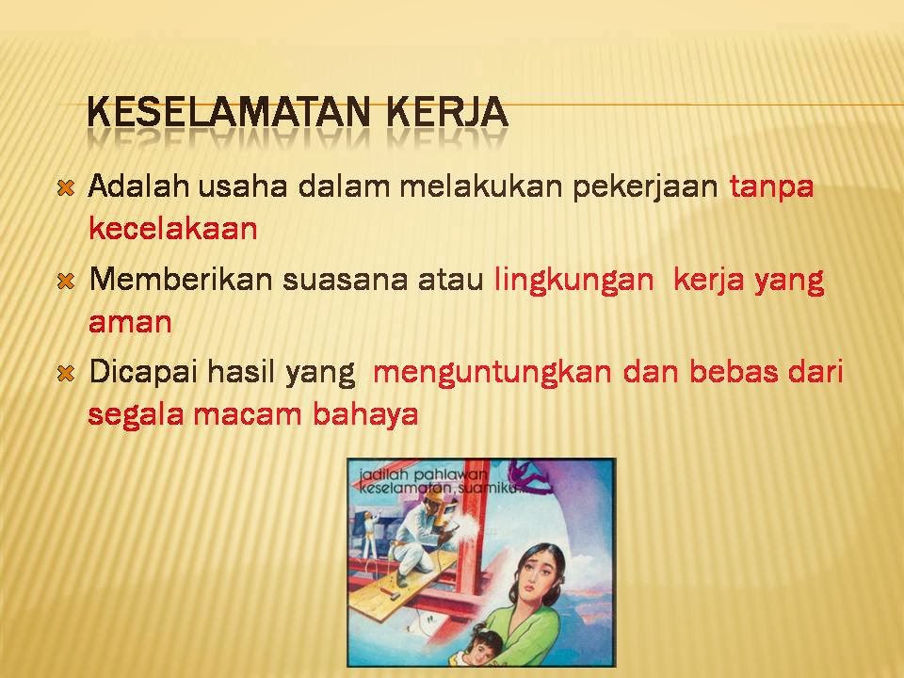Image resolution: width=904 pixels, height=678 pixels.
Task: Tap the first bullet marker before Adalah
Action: pos(66,187)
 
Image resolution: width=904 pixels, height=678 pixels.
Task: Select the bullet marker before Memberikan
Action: pos(66,281)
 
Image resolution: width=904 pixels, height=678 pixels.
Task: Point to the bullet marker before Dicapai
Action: pos(66,374)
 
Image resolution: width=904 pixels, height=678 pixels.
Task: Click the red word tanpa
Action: pos(771,186)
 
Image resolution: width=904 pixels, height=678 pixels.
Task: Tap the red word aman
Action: pos(130,323)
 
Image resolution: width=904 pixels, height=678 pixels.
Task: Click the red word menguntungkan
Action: pos(492,373)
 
